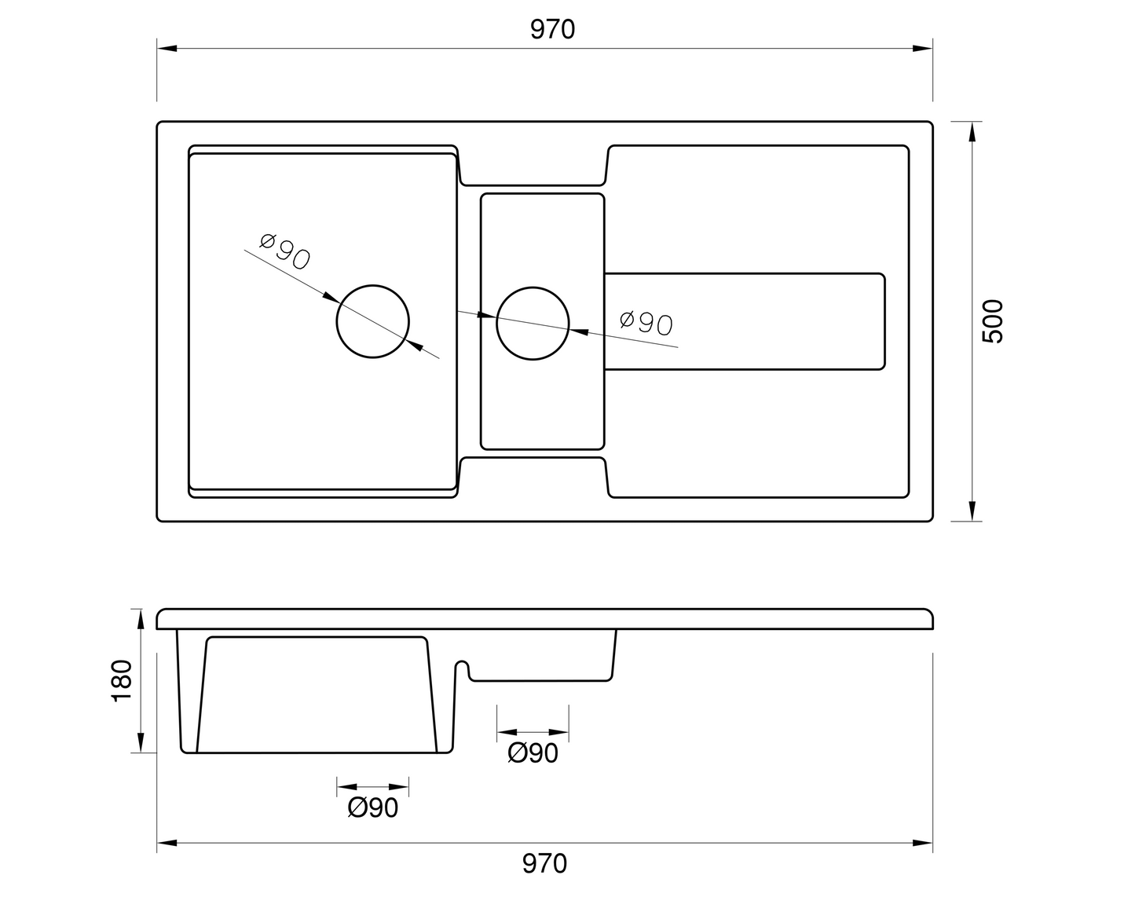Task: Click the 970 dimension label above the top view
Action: (552, 30)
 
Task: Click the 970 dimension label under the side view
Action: (544, 864)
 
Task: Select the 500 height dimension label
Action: (993, 321)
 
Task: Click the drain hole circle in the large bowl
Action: (373, 285)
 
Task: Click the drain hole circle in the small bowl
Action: (533, 287)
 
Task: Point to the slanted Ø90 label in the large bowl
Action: (285, 251)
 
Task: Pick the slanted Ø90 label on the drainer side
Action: (646, 323)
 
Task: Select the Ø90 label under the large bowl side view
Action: (373, 808)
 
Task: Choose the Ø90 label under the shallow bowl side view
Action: (533, 753)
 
